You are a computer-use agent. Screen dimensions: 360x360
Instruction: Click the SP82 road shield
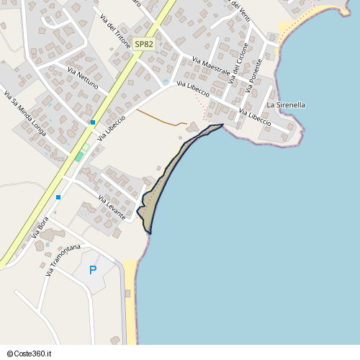[x=144, y=45]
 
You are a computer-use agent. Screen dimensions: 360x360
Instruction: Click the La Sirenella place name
[x=286, y=105]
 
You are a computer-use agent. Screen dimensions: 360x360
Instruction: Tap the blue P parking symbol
[x=92, y=270]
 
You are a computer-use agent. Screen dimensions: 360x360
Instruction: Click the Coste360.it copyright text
[x=31, y=354]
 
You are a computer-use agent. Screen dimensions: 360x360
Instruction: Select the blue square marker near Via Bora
[x=58, y=197]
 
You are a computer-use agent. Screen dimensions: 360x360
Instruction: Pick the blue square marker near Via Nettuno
[x=93, y=122]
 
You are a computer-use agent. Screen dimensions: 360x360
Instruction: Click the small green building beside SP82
[x=78, y=156]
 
